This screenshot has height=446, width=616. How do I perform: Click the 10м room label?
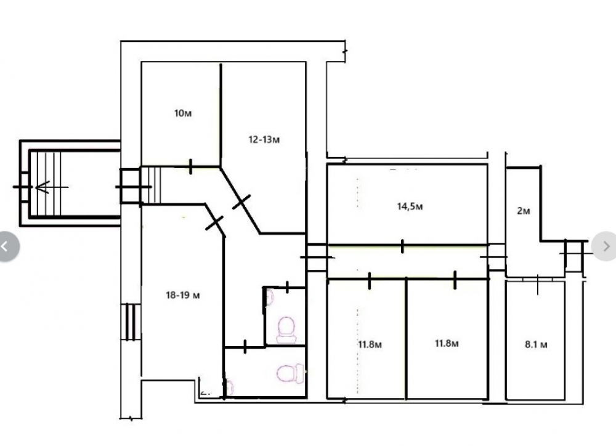click(183, 113)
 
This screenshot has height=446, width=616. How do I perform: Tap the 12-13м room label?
click(264, 139)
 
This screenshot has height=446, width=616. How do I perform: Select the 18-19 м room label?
click(183, 295)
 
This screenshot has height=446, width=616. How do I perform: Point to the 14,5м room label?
click(410, 206)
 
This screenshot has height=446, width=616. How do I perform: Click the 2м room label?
click(523, 211)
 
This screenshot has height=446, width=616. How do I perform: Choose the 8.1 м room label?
click(536, 345)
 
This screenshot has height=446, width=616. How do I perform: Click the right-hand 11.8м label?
click(447, 344)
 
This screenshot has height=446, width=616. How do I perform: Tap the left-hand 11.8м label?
click(370, 344)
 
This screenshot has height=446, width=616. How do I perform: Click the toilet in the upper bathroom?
click(286, 330)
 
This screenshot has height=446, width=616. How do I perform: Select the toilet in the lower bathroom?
click(291, 374)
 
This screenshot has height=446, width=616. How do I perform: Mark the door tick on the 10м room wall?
click(190, 166)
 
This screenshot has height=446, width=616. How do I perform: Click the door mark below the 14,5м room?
click(402, 246)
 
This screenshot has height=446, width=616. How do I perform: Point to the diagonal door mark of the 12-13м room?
click(241, 202)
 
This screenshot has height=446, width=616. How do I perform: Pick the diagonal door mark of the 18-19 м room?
click(214, 223)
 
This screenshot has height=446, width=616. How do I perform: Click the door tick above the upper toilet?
click(287, 287)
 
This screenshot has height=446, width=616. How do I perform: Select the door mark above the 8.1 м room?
click(538, 285)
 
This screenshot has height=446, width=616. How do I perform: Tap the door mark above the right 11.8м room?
click(455, 280)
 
